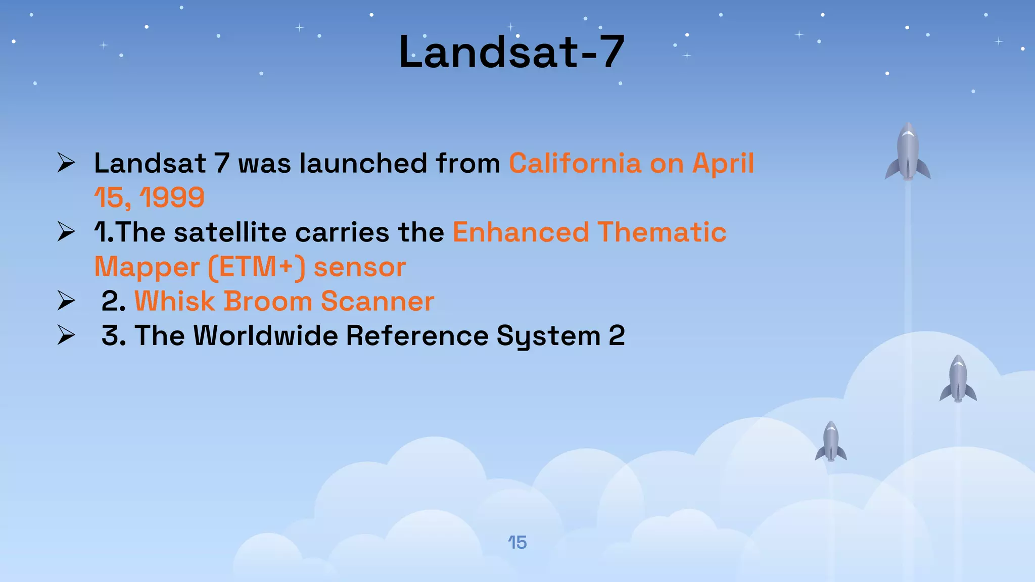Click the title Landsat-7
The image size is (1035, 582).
511,52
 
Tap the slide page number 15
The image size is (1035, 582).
517,543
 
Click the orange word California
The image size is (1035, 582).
575,164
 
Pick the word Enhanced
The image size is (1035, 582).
521,232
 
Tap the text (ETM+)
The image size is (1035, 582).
257,267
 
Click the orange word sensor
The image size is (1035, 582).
359,268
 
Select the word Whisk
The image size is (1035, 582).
174,301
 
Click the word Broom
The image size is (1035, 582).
268,301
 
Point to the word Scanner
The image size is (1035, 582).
377,301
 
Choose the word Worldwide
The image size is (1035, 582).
265,335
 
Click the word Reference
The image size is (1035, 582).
417,335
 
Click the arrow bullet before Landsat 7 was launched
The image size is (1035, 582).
66,163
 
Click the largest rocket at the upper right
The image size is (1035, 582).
908,152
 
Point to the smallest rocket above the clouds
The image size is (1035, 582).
831,441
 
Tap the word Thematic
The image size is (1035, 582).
662,232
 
